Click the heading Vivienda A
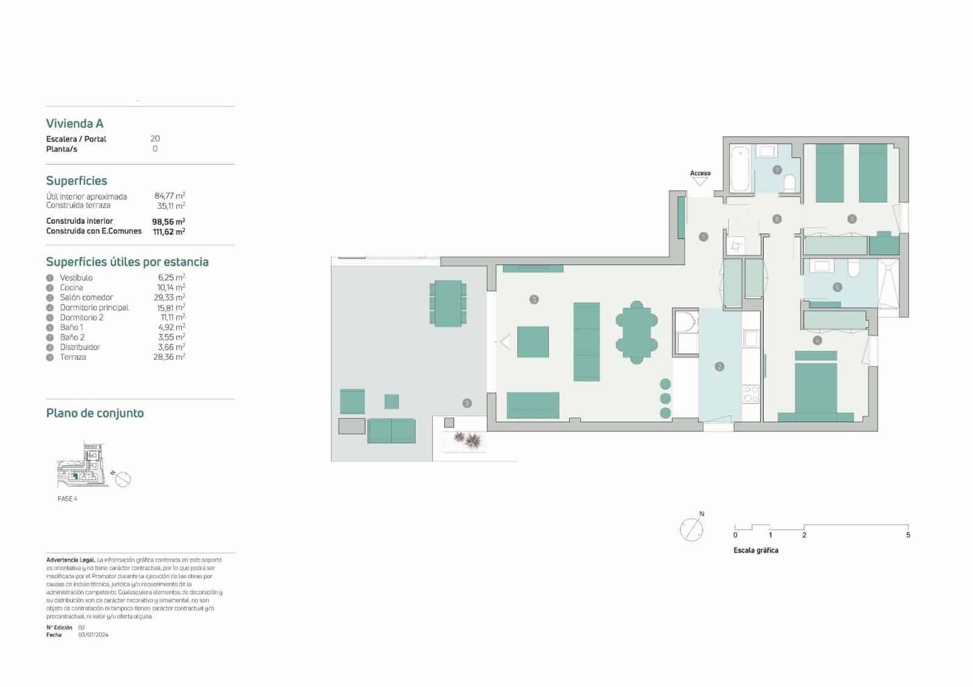click(75, 123)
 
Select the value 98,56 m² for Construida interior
click(168, 222)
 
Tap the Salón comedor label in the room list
click(86, 297)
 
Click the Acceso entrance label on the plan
click(700, 173)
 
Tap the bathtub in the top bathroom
click(740, 168)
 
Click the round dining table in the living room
click(636, 333)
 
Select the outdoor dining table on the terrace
click(448, 303)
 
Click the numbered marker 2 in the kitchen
click(719, 367)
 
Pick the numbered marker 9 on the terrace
click(467, 403)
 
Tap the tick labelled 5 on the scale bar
click(908, 534)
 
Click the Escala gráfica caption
click(756, 550)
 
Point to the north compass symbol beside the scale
click(691, 529)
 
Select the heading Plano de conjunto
click(95, 413)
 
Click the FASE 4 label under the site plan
click(68, 499)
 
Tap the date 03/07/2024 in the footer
click(93, 635)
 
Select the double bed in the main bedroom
click(816, 389)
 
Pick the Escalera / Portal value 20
click(155, 139)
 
